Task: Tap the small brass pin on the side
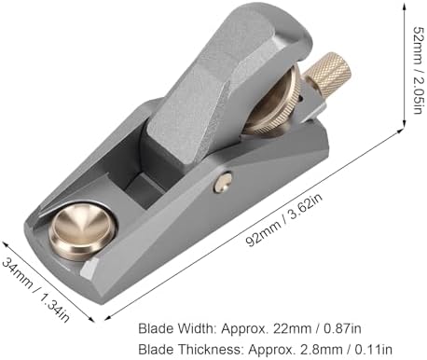(x=223, y=183)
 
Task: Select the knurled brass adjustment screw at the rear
(x=328, y=70)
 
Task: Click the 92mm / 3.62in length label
(x=284, y=219)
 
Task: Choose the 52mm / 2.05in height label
(x=418, y=70)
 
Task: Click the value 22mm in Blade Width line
(x=292, y=328)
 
